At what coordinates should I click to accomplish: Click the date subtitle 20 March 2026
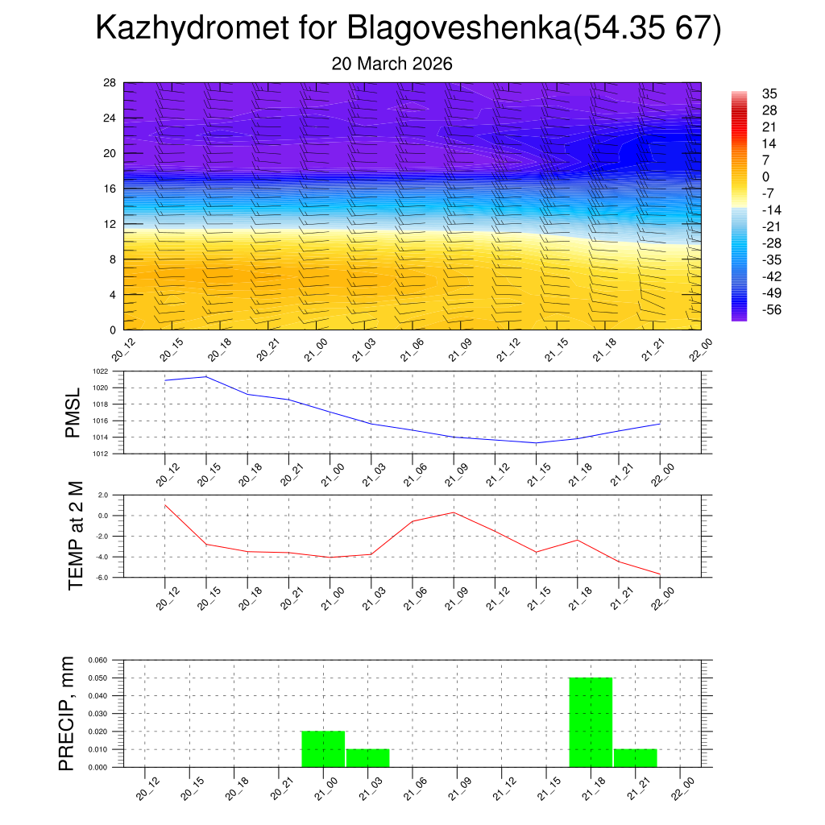pos(392,64)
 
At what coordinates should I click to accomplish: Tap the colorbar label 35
pos(769,93)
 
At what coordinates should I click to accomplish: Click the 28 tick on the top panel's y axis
pos(110,83)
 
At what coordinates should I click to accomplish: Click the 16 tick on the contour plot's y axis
pos(110,189)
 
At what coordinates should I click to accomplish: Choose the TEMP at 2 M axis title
pos(77,535)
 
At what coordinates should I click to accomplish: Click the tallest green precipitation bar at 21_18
pos(591,722)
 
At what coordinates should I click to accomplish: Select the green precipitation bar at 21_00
pos(323,748)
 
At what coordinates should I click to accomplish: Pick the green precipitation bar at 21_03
pos(367,758)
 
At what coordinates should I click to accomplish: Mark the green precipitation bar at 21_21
pos(635,758)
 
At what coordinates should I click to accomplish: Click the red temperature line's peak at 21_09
pos(454,512)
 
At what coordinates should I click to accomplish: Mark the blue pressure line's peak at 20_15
pos(206,376)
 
